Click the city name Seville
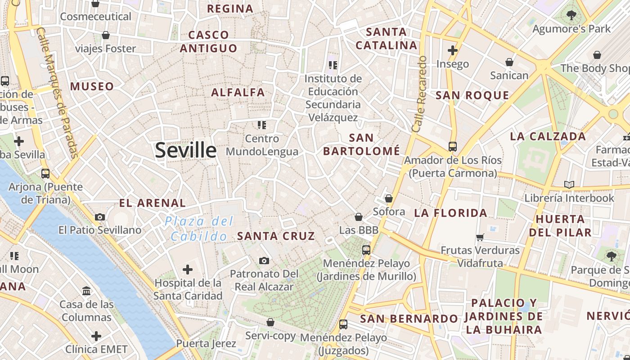tap(185, 150)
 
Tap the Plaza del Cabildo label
tap(199, 229)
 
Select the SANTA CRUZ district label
tap(276, 236)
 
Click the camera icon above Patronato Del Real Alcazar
tap(264, 261)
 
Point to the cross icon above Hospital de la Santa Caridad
tap(188, 270)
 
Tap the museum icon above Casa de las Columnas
tap(86, 291)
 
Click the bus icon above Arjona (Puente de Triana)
tap(45, 173)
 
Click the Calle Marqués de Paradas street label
tap(58, 92)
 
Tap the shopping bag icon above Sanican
tap(509, 62)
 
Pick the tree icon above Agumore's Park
tap(571, 15)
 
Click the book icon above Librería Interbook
tap(569, 184)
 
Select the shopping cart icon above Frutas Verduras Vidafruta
tap(480, 237)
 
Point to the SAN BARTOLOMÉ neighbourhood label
tap(361, 144)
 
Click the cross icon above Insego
tap(453, 50)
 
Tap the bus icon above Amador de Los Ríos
tap(453, 147)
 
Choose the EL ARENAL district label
tap(152, 203)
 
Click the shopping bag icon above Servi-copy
tap(270, 322)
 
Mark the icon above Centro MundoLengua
tap(262, 125)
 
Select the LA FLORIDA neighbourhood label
tap(450, 213)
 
